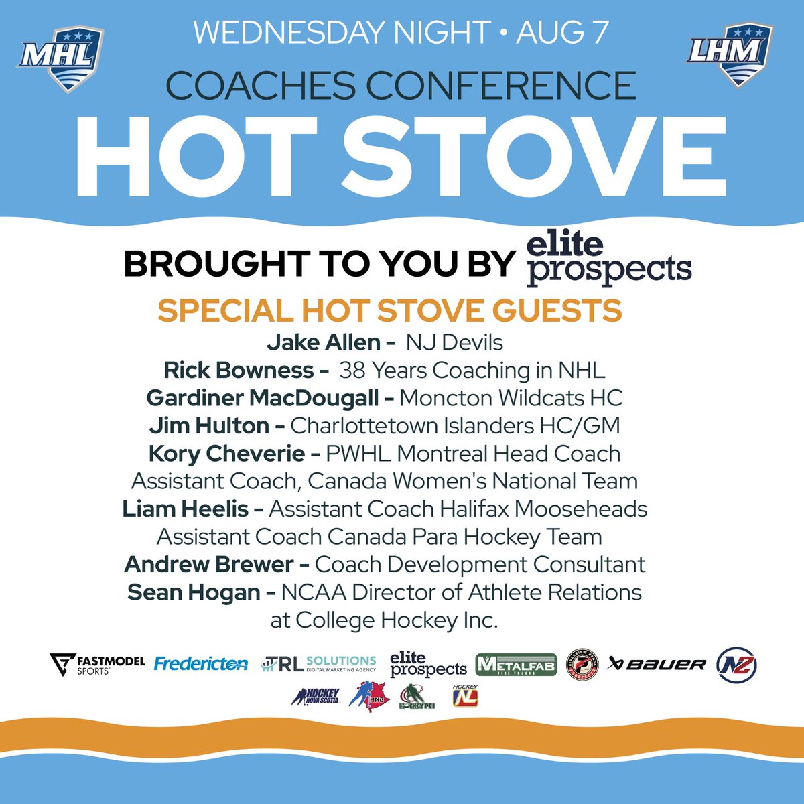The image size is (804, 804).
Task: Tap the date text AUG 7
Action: tap(562, 32)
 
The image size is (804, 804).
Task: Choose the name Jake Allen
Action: tap(323, 342)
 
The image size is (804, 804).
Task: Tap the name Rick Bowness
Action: tap(239, 370)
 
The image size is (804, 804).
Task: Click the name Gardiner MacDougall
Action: tap(262, 398)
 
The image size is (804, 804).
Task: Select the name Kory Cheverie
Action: tap(226, 454)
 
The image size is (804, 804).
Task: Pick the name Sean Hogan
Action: tap(194, 592)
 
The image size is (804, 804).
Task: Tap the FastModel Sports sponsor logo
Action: tap(97, 664)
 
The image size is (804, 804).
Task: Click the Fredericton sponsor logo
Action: tap(201, 664)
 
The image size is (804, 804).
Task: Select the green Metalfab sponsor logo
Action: tap(516, 664)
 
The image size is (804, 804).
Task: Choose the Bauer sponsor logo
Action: tap(656, 664)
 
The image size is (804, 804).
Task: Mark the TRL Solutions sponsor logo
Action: tap(318, 664)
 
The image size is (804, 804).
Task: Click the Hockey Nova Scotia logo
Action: tap(316, 696)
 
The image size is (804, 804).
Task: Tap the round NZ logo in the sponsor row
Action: tap(737, 664)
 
